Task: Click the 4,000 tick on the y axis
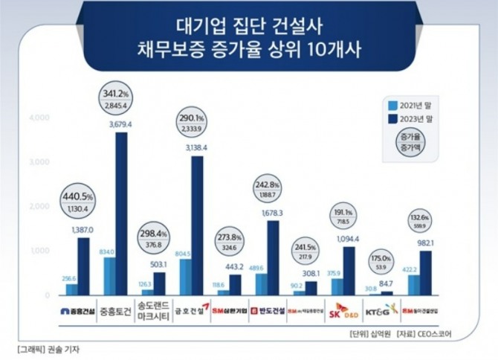point(39,118)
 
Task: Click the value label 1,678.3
point(273,213)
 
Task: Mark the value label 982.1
point(425,244)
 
